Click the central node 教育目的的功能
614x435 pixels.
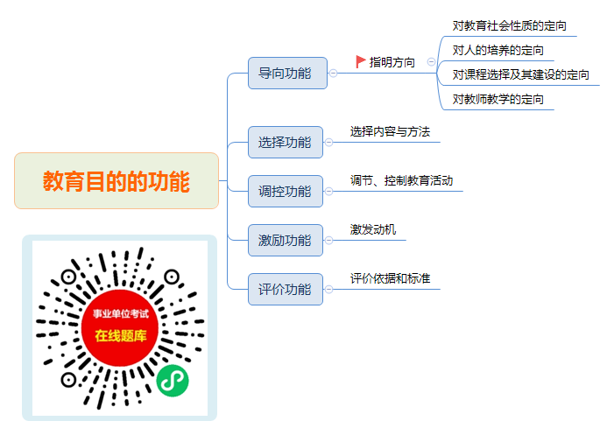click(x=116, y=180)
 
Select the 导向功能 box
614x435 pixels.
click(x=287, y=74)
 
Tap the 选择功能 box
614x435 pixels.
click(x=286, y=142)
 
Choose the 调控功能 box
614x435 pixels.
click(x=286, y=191)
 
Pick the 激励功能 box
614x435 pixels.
click(x=286, y=240)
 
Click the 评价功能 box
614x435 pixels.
click(x=286, y=289)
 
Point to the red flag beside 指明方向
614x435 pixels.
click(x=360, y=61)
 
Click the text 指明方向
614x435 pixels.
click(x=392, y=62)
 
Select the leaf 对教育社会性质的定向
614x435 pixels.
click(x=510, y=25)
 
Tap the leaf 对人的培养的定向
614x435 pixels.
click(x=498, y=50)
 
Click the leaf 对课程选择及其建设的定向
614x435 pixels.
click(x=521, y=74)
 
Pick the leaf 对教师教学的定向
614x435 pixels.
click(x=498, y=99)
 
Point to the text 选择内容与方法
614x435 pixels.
click(x=390, y=131)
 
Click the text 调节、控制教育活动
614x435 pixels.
click(x=401, y=180)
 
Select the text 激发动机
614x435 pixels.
click(x=373, y=229)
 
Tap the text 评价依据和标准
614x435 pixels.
click(x=390, y=278)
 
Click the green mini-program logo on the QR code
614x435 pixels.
click(x=173, y=381)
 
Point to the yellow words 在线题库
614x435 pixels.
click(x=121, y=335)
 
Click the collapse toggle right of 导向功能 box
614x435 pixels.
click(x=333, y=74)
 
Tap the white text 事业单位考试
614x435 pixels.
click(x=121, y=313)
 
